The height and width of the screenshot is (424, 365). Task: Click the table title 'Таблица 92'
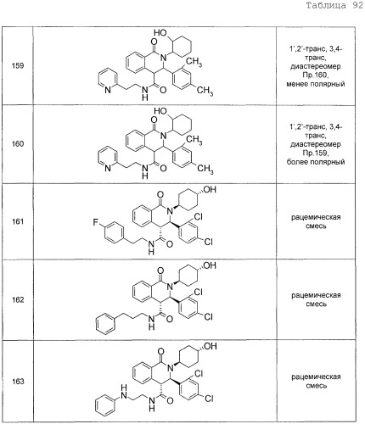pyautogui.click(x=334, y=5)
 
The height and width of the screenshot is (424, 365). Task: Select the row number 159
pyautogui.click(x=18, y=66)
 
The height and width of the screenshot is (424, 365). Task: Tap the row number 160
pyautogui.click(x=18, y=144)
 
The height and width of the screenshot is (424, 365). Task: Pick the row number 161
pyautogui.click(x=18, y=221)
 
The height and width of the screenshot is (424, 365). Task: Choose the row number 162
pyautogui.click(x=18, y=299)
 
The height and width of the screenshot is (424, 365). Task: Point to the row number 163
pyautogui.click(x=18, y=382)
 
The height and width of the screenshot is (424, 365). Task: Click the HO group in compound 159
pyautogui.click(x=160, y=33)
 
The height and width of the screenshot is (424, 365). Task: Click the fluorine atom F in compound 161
pyautogui.click(x=96, y=222)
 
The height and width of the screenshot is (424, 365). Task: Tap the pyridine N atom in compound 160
pyautogui.click(x=108, y=169)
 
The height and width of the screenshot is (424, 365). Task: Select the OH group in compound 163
pyautogui.click(x=210, y=346)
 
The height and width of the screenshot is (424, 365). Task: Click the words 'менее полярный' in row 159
pyautogui.click(x=316, y=84)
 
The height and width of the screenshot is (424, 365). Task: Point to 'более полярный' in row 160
pyautogui.click(x=316, y=162)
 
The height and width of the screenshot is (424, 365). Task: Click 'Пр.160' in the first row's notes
pyautogui.click(x=316, y=75)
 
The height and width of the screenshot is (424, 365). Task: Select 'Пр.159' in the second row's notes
pyautogui.click(x=316, y=153)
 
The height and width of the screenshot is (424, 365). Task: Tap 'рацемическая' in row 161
pyautogui.click(x=316, y=217)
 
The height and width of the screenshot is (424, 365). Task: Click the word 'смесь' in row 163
pyautogui.click(x=316, y=386)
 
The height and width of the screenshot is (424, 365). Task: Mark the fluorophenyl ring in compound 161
pyautogui.click(x=115, y=233)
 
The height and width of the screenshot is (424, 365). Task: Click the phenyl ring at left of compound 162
pyautogui.click(x=105, y=324)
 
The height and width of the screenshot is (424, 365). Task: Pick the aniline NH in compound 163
pyautogui.click(x=124, y=392)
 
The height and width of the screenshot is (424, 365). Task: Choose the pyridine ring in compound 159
pyautogui.click(x=108, y=81)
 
